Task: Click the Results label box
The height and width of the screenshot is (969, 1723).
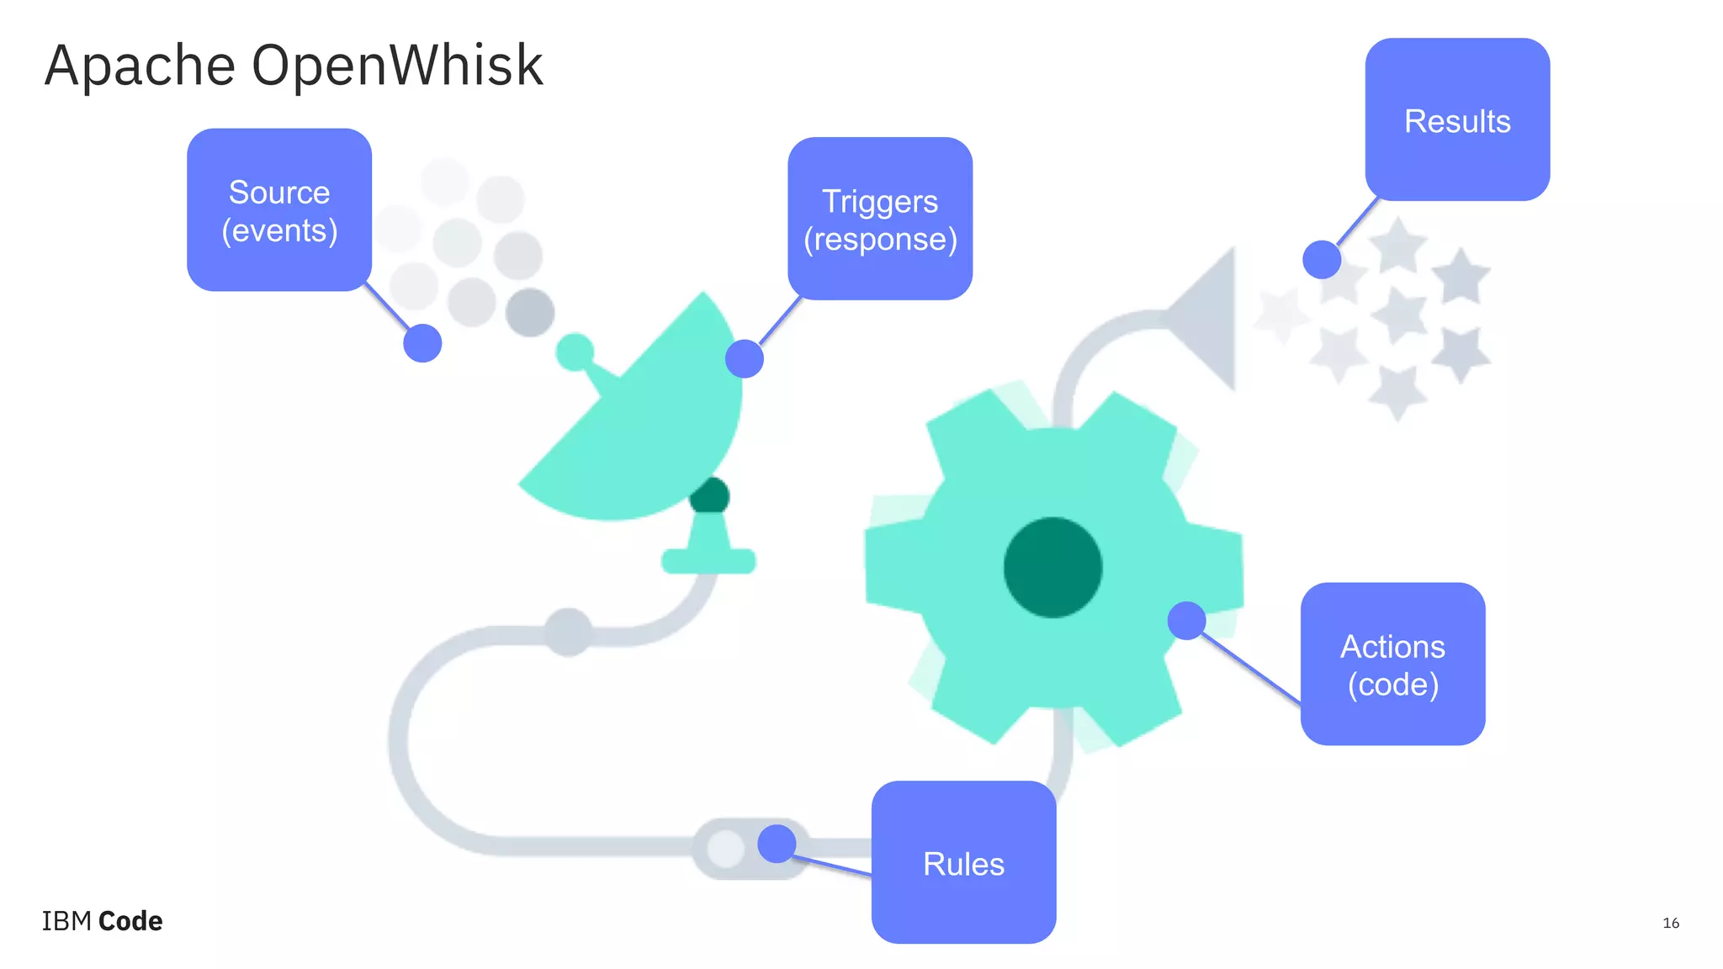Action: tap(1457, 119)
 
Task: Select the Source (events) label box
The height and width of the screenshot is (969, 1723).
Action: tap(279, 210)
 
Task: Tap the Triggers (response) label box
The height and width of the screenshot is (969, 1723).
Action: tap(880, 219)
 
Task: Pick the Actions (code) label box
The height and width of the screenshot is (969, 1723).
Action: tap(1392, 664)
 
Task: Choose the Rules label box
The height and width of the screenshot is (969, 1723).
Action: tap(963, 862)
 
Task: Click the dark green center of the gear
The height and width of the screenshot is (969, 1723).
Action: tap(1052, 568)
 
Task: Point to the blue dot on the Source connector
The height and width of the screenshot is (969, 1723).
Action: tap(422, 343)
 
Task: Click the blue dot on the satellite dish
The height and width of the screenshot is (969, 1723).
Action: tap(745, 358)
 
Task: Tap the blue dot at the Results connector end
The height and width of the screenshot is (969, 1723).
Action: tap(1322, 259)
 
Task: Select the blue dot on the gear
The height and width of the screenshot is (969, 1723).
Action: tap(1186, 621)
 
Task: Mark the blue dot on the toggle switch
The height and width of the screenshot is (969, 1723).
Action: tap(777, 844)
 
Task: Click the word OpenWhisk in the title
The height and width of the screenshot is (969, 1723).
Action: tap(397, 66)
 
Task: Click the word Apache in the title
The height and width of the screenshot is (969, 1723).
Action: tap(140, 66)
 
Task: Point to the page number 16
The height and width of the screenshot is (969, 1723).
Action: tap(1671, 923)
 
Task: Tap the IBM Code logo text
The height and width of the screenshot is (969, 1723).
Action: tap(102, 921)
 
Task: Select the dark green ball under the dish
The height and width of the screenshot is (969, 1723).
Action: tap(709, 495)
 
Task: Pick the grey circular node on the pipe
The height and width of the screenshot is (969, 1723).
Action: tap(569, 632)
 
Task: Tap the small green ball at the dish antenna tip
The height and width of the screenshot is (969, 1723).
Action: tap(575, 352)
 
